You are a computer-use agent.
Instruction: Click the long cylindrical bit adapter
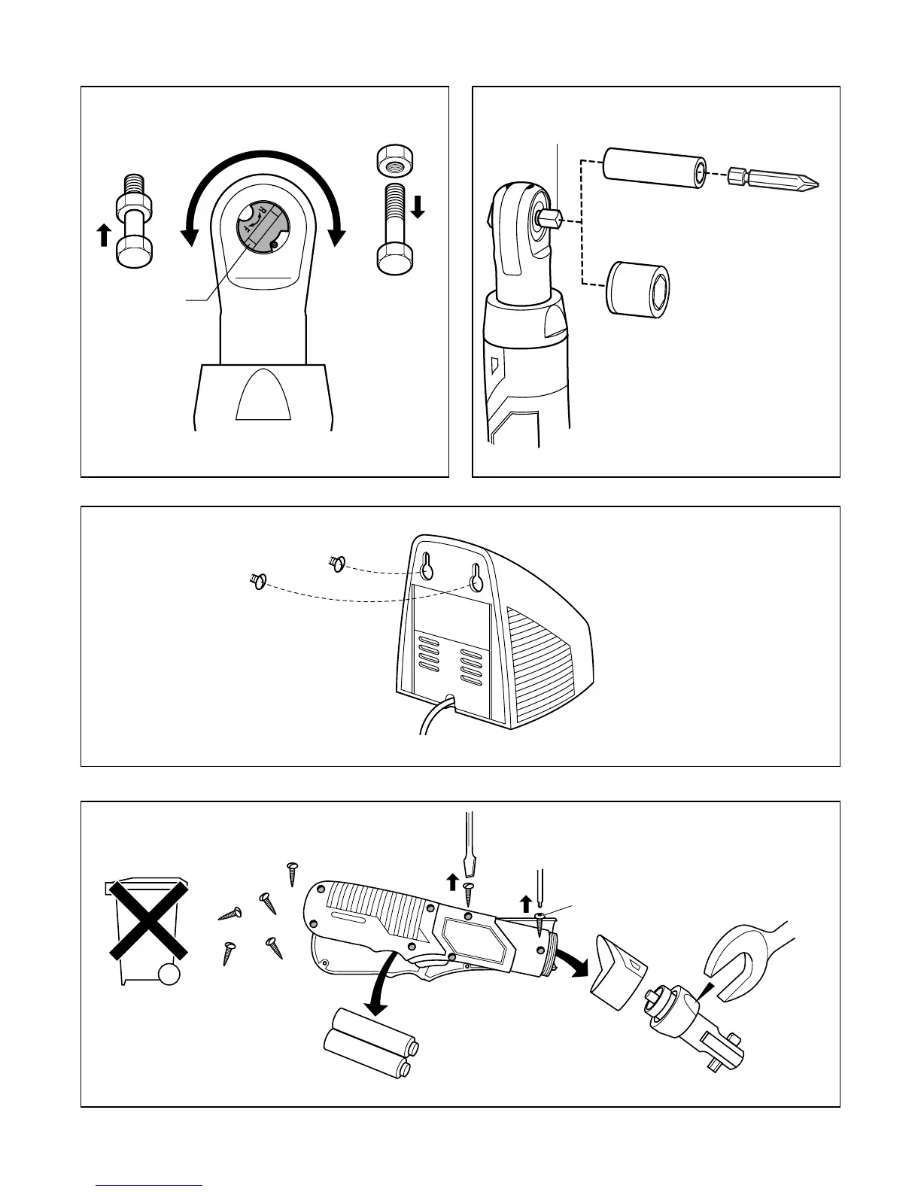[x=655, y=168]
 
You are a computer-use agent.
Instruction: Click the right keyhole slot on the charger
[x=476, y=578]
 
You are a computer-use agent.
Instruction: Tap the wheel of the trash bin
[x=169, y=975]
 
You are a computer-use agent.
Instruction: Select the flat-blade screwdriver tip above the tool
[x=470, y=865]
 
